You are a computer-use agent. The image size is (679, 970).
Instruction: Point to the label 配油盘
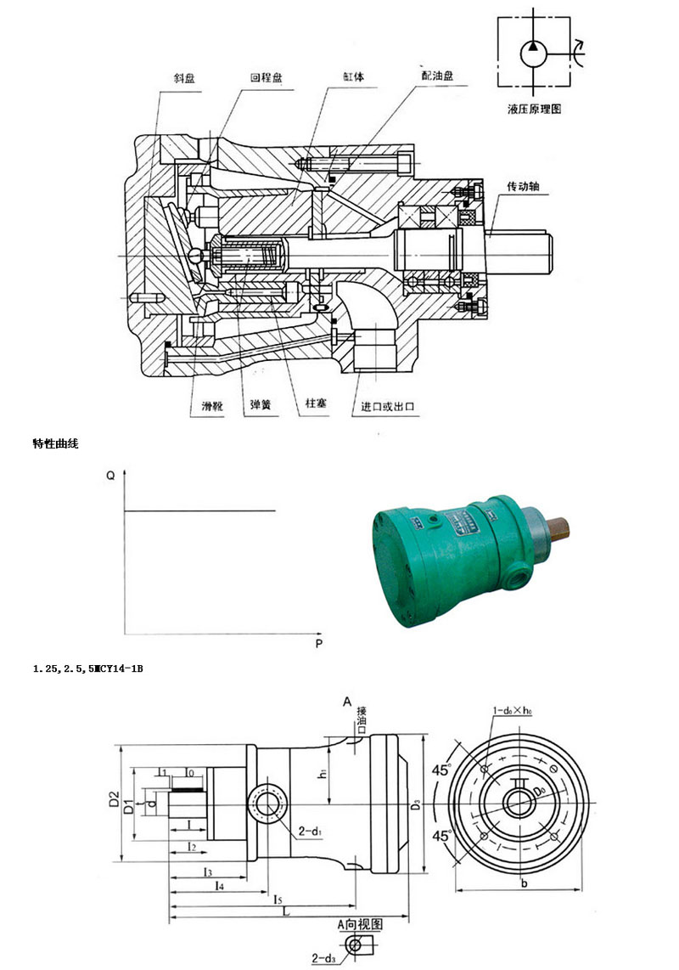436,75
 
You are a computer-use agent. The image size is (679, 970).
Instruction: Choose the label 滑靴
201,407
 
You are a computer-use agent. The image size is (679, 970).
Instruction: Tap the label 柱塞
317,407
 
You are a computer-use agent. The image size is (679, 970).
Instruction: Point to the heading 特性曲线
55,443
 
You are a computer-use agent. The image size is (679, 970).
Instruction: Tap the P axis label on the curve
318,644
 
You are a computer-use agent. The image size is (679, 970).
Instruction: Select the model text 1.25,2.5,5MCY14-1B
88,669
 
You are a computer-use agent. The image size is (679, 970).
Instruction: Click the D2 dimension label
113,798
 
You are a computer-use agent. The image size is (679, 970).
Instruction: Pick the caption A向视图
360,923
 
